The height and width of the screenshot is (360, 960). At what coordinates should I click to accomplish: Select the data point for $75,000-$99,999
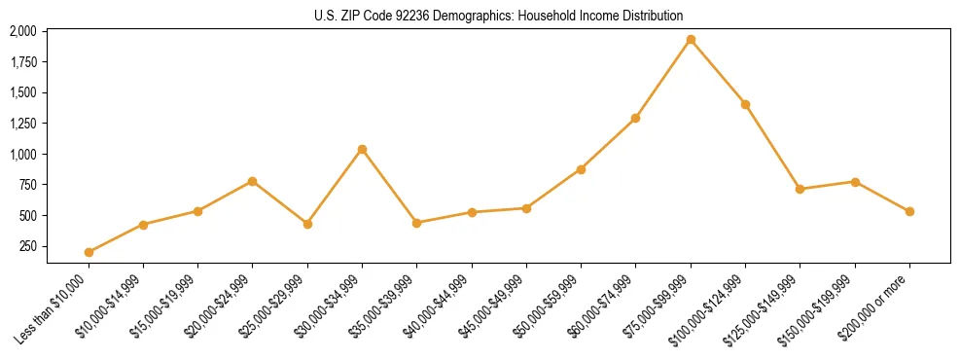click(691, 40)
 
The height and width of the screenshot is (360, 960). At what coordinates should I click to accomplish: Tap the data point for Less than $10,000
click(89, 252)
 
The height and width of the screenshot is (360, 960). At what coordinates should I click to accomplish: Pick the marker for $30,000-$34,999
click(362, 149)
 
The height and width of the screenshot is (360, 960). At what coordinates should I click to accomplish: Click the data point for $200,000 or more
click(909, 211)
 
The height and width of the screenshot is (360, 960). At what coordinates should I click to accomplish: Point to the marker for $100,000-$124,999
click(745, 104)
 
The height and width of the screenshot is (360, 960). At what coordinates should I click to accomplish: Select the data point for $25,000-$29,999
click(307, 224)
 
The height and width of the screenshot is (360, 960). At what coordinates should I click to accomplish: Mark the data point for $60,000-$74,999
click(635, 119)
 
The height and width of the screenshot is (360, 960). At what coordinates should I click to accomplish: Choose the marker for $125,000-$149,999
click(800, 189)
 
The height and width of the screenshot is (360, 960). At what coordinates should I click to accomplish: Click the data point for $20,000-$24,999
click(253, 181)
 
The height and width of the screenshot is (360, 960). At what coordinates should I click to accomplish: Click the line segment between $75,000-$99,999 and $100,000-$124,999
click(718, 72)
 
